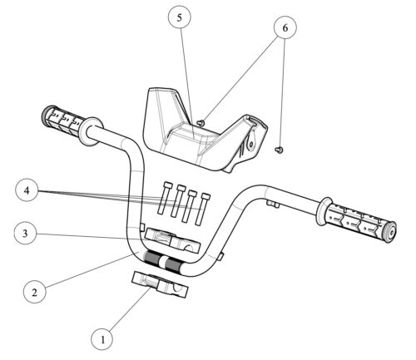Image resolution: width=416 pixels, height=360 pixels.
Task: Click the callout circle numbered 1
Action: click(x=102, y=339)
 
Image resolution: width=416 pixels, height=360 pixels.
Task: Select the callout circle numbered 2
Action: click(x=34, y=292)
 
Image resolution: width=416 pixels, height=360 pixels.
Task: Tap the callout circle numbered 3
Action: click(x=25, y=234)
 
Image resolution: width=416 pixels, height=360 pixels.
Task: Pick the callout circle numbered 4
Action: click(x=27, y=190)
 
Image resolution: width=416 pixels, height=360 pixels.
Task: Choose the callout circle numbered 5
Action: click(x=180, y=17)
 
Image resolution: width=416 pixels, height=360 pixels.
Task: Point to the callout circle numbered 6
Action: click(x=285, y=27)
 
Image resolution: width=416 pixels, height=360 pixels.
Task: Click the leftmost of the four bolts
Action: click(x=163, y=198)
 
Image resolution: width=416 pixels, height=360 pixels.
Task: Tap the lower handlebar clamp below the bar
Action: click(x=160, y=284)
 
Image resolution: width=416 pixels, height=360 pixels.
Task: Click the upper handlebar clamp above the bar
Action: click(x=173, y=240)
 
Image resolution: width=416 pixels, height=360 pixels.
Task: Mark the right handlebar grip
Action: click(x=357, y=220)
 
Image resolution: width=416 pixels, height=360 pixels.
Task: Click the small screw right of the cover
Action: click(x=280, y=150)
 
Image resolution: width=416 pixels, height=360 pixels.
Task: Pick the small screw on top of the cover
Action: click(x=201, y=122)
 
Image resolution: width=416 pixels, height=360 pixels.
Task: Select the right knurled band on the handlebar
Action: click(x=172, y=265)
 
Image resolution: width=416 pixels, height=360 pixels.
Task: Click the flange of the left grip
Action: click(x=92, y=131)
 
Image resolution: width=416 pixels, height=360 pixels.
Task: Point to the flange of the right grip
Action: click(x=324, y=211)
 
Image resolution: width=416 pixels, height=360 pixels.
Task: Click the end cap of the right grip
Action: click(x=391, y=233)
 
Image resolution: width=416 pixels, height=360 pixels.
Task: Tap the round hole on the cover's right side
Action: click(x=251, y=144)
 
